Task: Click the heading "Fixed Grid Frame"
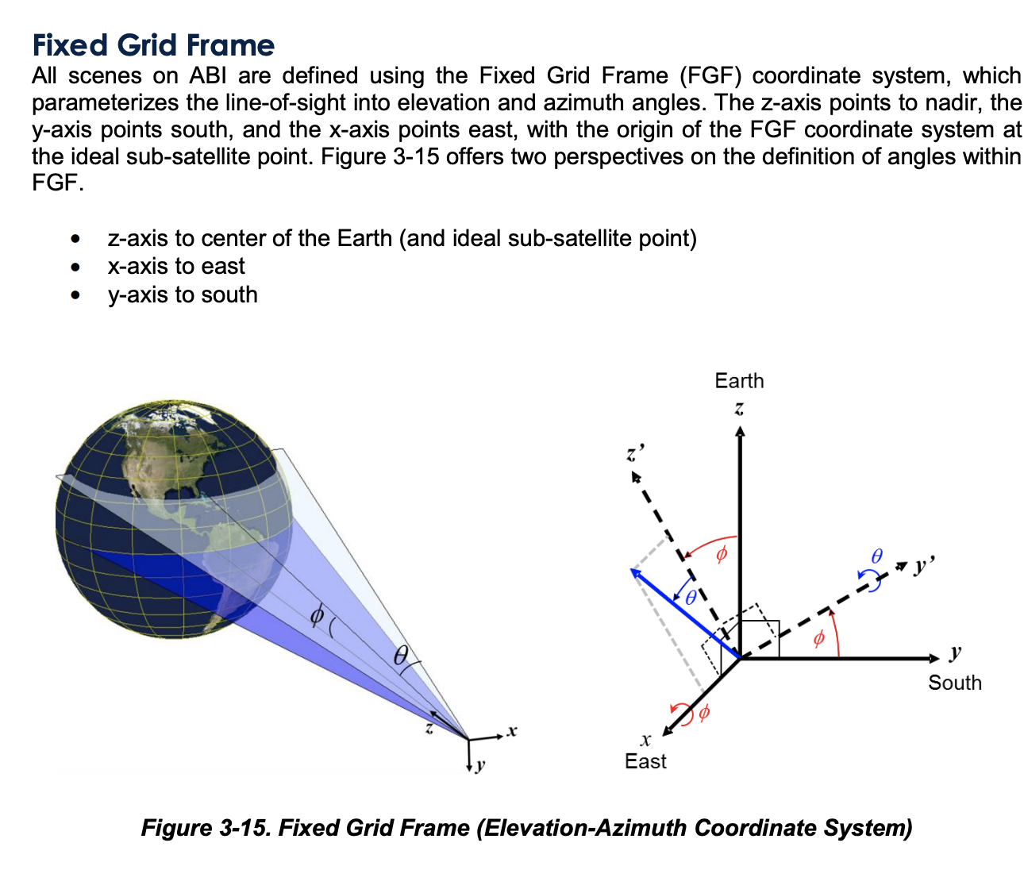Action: point(153,45)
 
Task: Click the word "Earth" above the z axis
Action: point(739,381)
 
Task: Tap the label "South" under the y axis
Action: point(954,683)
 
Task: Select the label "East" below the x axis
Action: point(645,761)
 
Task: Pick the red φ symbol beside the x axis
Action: point(703,714)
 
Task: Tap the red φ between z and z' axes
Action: point(721,553)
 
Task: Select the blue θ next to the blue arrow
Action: point(691,598)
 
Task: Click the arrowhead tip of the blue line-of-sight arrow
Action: point(633,570)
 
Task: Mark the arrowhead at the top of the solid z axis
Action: point(740,430)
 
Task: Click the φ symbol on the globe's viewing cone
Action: point(317,614)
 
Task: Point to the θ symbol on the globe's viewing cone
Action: point(401,655)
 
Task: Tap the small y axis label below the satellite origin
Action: point(480,766)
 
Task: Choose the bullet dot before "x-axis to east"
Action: point(75,267)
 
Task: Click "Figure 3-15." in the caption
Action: point(206,828)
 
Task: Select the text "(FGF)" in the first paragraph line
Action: point(710,76)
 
